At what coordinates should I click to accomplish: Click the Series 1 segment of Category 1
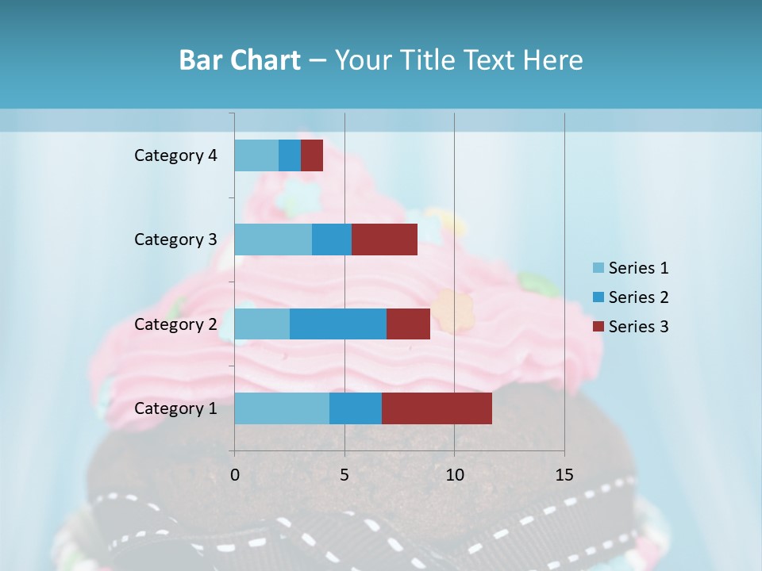(282, 408)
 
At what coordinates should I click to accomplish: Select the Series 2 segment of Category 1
(356, 408)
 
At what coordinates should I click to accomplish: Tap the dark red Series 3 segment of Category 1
(437, 408)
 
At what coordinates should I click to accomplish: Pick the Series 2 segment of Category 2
(338, 324)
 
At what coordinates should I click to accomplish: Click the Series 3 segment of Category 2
(408, 324)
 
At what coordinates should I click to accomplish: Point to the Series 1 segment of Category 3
(273, 240)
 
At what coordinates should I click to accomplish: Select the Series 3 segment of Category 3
(384, 240)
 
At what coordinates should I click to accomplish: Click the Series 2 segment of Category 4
(290, 155)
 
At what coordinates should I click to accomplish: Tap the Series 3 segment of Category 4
(312, 155)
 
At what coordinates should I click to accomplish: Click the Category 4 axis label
(175, 155)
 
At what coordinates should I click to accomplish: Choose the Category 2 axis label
(175, 324)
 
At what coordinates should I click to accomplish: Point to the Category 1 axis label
(175, 408)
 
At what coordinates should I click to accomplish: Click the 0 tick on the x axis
(235, 475)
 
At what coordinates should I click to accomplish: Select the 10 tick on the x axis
(454, 475)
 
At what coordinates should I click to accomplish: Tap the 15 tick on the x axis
(564, 475)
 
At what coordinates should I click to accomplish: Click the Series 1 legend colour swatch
(598, 268)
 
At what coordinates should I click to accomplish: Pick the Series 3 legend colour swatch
(598, 327)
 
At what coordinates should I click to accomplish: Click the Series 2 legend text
(638, 297)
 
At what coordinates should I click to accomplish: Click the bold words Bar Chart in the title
(240, 60)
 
